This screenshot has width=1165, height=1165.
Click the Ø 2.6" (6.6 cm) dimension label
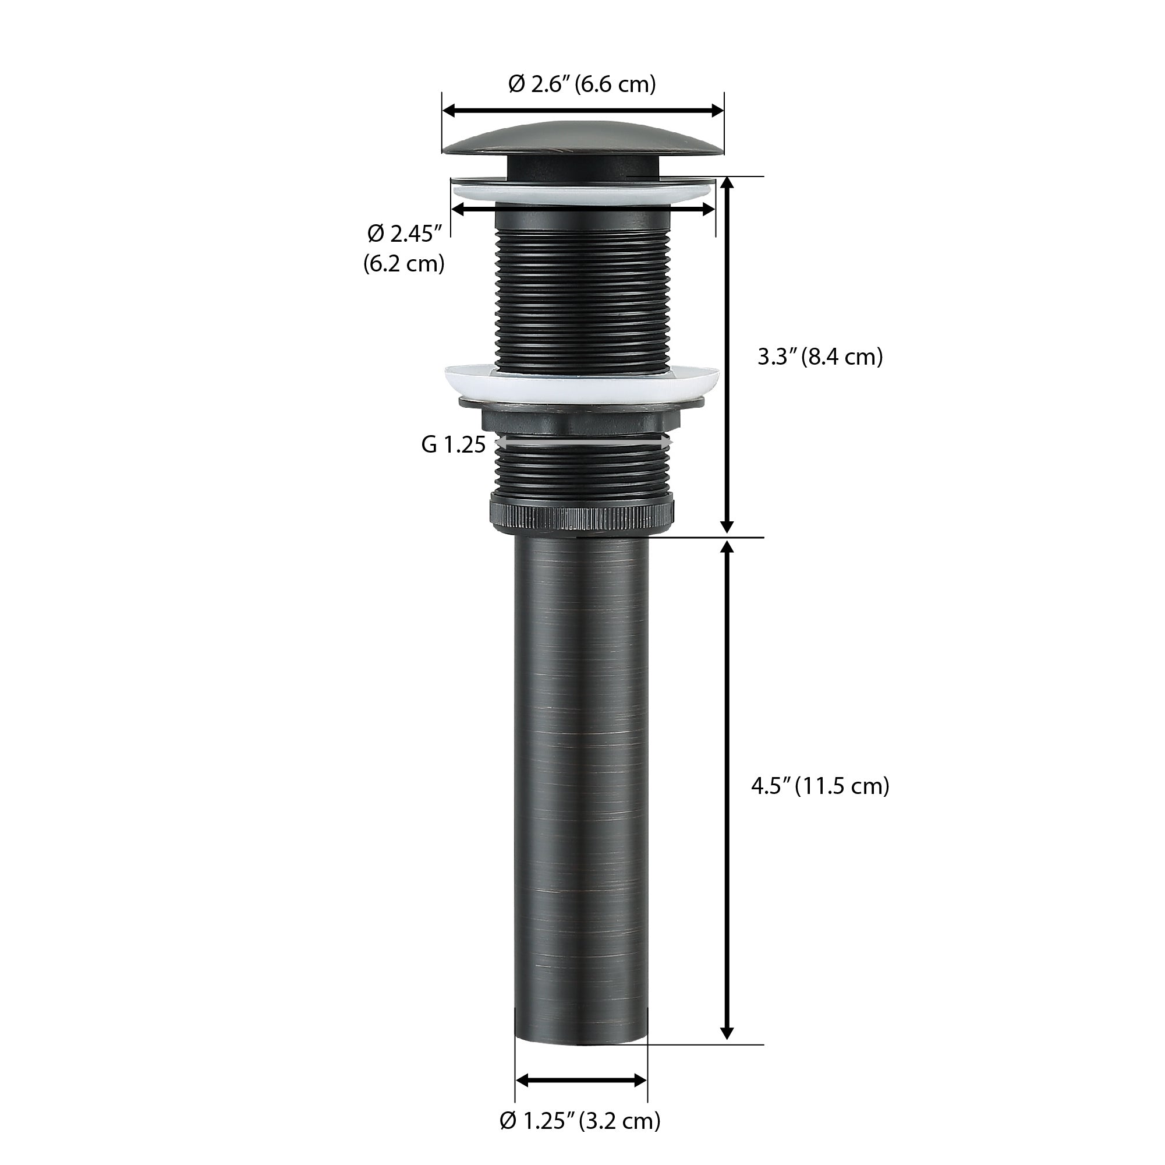point(582,84)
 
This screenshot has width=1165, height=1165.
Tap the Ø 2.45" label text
point(405,234)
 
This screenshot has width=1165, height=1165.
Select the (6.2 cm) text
point(403,264)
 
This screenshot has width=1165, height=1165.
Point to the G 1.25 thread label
point(453,445)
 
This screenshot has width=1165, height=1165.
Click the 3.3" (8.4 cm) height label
point(820,357)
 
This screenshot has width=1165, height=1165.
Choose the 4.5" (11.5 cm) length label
point(820,787)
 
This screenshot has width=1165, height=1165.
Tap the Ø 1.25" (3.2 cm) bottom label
point(580,1121)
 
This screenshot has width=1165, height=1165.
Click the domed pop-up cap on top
point(582,145)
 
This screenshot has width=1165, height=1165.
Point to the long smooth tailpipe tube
point(580,784)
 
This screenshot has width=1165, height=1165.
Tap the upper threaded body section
point(582,290)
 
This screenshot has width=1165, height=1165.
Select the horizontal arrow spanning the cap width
point(582,111)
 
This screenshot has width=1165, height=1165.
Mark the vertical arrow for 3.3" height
point(727,356)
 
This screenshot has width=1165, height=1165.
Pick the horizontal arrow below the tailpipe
point(581,1081)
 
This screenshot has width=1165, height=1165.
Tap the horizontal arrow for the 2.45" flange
point(582,209)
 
